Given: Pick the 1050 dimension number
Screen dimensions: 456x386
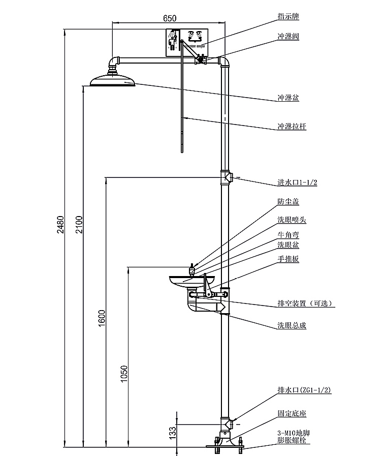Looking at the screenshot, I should [125, 375].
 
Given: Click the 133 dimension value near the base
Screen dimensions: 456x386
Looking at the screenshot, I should [173, 433].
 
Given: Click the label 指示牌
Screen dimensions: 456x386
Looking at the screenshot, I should [288, 17].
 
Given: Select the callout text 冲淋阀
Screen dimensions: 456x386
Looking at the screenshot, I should [288, 37].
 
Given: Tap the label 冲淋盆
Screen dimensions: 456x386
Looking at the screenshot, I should [288, 98].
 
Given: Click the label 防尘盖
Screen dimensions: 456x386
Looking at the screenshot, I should [288, 202].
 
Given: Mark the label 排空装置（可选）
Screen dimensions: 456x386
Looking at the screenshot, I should [305, 304].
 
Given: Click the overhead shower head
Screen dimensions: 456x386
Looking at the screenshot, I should [113, 80].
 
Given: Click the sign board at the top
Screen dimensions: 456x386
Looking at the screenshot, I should [186, 42].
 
